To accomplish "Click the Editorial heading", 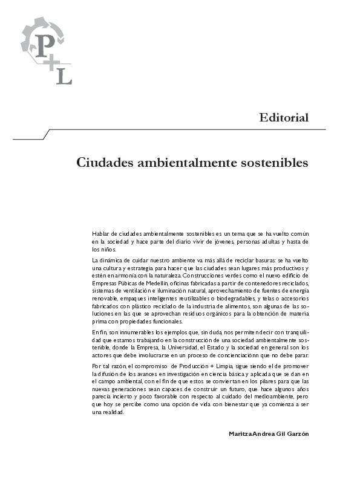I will (284, 117).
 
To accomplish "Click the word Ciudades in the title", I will (105, 163).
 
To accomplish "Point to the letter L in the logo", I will (66, 76).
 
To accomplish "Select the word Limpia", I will (240, 366).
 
